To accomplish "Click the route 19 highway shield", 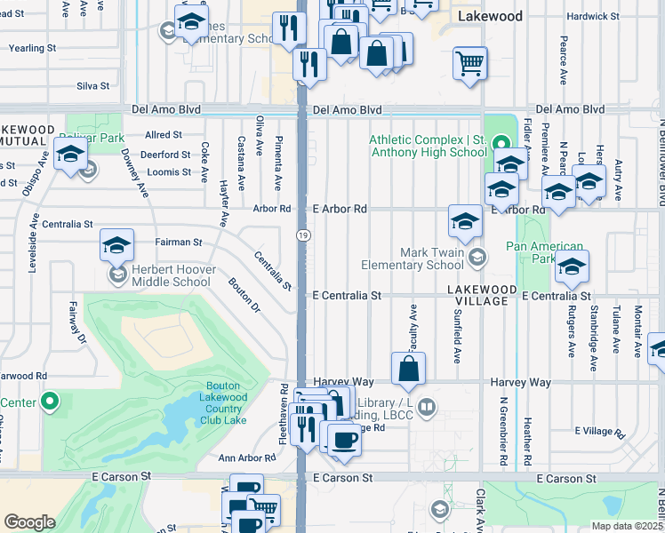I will tap(302, 234).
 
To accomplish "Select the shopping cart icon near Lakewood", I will tap(469, 64).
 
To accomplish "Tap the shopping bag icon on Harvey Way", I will tap(408, 369).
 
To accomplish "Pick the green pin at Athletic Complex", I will tap(500, 142).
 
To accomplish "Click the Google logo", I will tap(29, 521).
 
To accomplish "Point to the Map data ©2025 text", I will tap(626, 526).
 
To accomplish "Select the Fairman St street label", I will tap(180, 242).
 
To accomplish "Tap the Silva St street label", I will tap(92, 86).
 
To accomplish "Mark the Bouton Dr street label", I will tap(243, 297).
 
